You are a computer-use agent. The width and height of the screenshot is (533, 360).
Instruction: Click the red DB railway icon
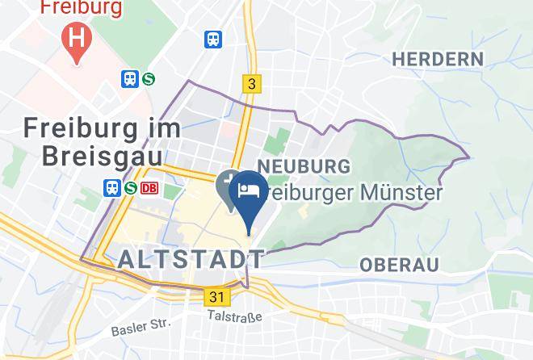pos(149,188)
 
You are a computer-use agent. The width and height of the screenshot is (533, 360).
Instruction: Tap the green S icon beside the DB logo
pos(131,188)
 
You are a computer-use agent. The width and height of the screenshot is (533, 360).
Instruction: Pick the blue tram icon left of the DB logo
pos(112,188)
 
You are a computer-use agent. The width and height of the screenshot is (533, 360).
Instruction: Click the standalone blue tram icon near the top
pos(213,39)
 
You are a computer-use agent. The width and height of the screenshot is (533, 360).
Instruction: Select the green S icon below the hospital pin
pos(148,78)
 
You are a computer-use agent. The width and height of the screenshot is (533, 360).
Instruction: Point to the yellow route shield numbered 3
pos(252,83)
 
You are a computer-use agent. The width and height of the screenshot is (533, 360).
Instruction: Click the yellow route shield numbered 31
pos(216,297)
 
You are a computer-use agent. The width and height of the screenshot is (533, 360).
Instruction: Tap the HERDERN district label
pos(437,59)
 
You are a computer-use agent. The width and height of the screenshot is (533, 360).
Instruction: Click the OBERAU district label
pos(399,265)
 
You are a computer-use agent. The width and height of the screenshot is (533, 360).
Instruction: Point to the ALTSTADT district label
pos(191,259)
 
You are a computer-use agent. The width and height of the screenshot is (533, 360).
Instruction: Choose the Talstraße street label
pos(234,317)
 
